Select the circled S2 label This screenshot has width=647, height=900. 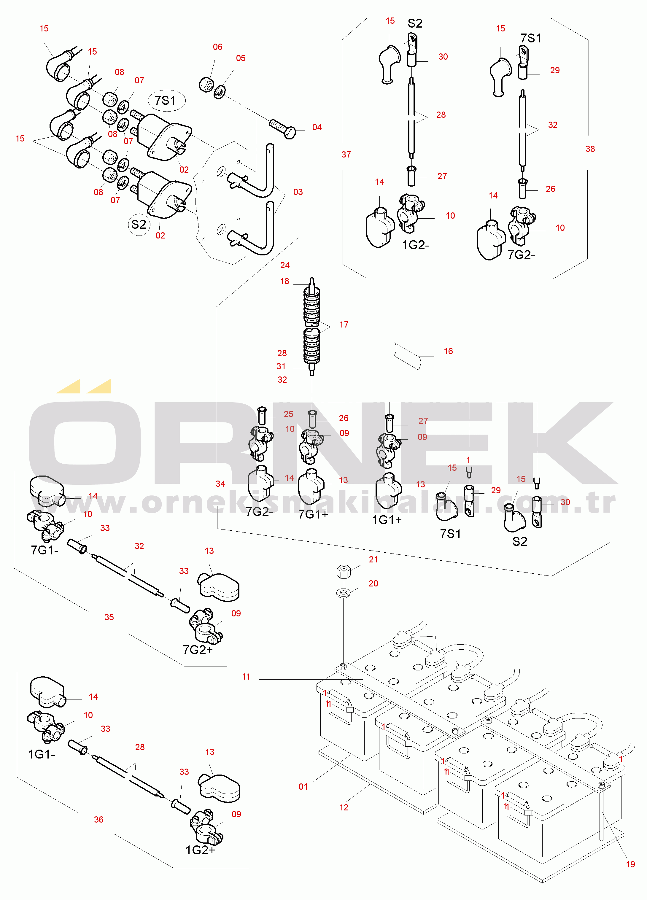point(139,225)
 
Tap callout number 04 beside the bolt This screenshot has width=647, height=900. point(317,127)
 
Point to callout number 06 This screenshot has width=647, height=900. point(217,47)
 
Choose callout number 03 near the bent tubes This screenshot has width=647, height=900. point(298,192)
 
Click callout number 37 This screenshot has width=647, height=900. point(346,155)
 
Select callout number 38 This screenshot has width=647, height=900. point(590,149)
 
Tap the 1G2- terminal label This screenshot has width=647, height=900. point(416,245)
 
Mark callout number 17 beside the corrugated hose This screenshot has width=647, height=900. point(344,325)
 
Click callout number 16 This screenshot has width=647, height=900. point(448,351)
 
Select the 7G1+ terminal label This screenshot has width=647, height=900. point(313,514)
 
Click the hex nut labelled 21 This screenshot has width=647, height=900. point(343,572)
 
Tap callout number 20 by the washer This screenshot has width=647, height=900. point(373,583)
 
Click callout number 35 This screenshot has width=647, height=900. point(109,617)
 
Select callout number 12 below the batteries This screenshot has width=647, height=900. point(344,807)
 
